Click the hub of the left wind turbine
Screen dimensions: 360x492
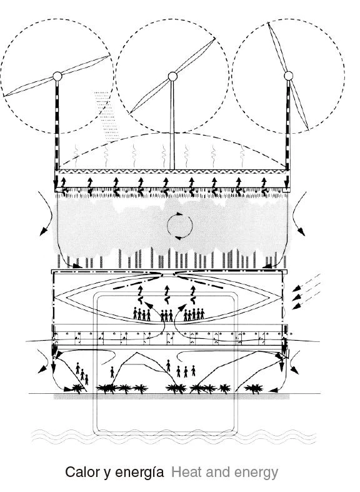click(57, 76)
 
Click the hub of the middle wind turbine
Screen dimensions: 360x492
click(172, 76)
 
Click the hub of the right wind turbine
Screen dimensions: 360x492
click(288, 76)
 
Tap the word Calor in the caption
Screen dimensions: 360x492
click(82, 472)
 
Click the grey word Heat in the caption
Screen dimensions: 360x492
click(186, 472)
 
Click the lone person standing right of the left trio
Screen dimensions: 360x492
click(112, 372)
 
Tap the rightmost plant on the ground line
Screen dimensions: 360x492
click(254, 389)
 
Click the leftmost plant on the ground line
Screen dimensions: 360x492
click(77, 389)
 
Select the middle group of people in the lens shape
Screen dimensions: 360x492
click(166, 315)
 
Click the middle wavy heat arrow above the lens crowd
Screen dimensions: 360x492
click(167, 295)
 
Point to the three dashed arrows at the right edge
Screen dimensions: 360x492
click(306, 292)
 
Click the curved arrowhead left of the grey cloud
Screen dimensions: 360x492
click(42, 231)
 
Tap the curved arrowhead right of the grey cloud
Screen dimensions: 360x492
click(301, 231)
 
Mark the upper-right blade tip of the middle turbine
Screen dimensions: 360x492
click(215, 39)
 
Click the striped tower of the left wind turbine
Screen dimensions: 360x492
click(57, 126)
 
